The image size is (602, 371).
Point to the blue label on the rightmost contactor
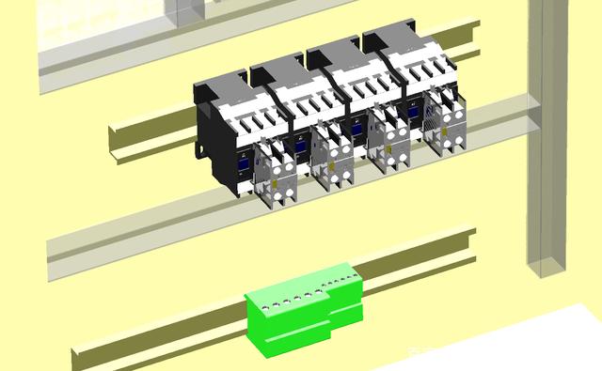[x=412, y=111]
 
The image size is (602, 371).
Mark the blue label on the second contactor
[x=299, y=145]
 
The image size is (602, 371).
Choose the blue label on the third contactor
[x=356, y=128]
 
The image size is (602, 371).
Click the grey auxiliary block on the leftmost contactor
[x=277, y=169]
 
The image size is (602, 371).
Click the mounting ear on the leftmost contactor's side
[x=203, y=147]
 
